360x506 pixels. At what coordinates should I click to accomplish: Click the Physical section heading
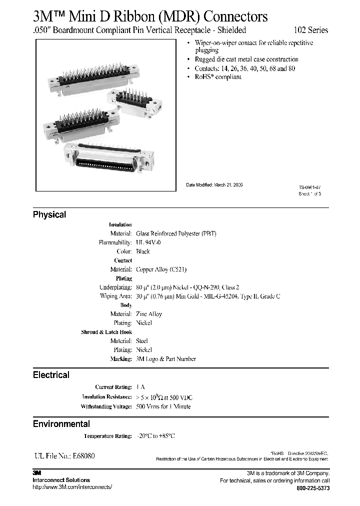pos(49,214)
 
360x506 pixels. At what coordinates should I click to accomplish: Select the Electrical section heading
pos(51,375)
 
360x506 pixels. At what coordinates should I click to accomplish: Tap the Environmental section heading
pos(61,424)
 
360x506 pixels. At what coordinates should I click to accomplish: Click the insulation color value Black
pos(143,251)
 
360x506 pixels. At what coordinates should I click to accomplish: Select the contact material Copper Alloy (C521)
pos(161,269)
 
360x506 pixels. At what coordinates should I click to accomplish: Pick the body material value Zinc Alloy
pos(149,314)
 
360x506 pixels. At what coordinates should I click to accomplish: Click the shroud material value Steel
pos(142,341)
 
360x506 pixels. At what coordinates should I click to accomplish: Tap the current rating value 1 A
pos(140,387)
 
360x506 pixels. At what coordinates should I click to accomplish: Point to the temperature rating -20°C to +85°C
pos(155,436)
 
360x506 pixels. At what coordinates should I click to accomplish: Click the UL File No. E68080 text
pos(64,456)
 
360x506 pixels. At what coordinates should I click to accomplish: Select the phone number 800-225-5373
pos(313,487)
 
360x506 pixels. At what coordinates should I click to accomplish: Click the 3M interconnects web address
pos(72,487)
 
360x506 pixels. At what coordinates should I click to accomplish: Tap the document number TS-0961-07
pos(310,186)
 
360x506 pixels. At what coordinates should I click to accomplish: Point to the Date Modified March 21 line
pos(214,184)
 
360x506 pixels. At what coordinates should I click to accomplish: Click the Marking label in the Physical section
pos(121,359)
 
